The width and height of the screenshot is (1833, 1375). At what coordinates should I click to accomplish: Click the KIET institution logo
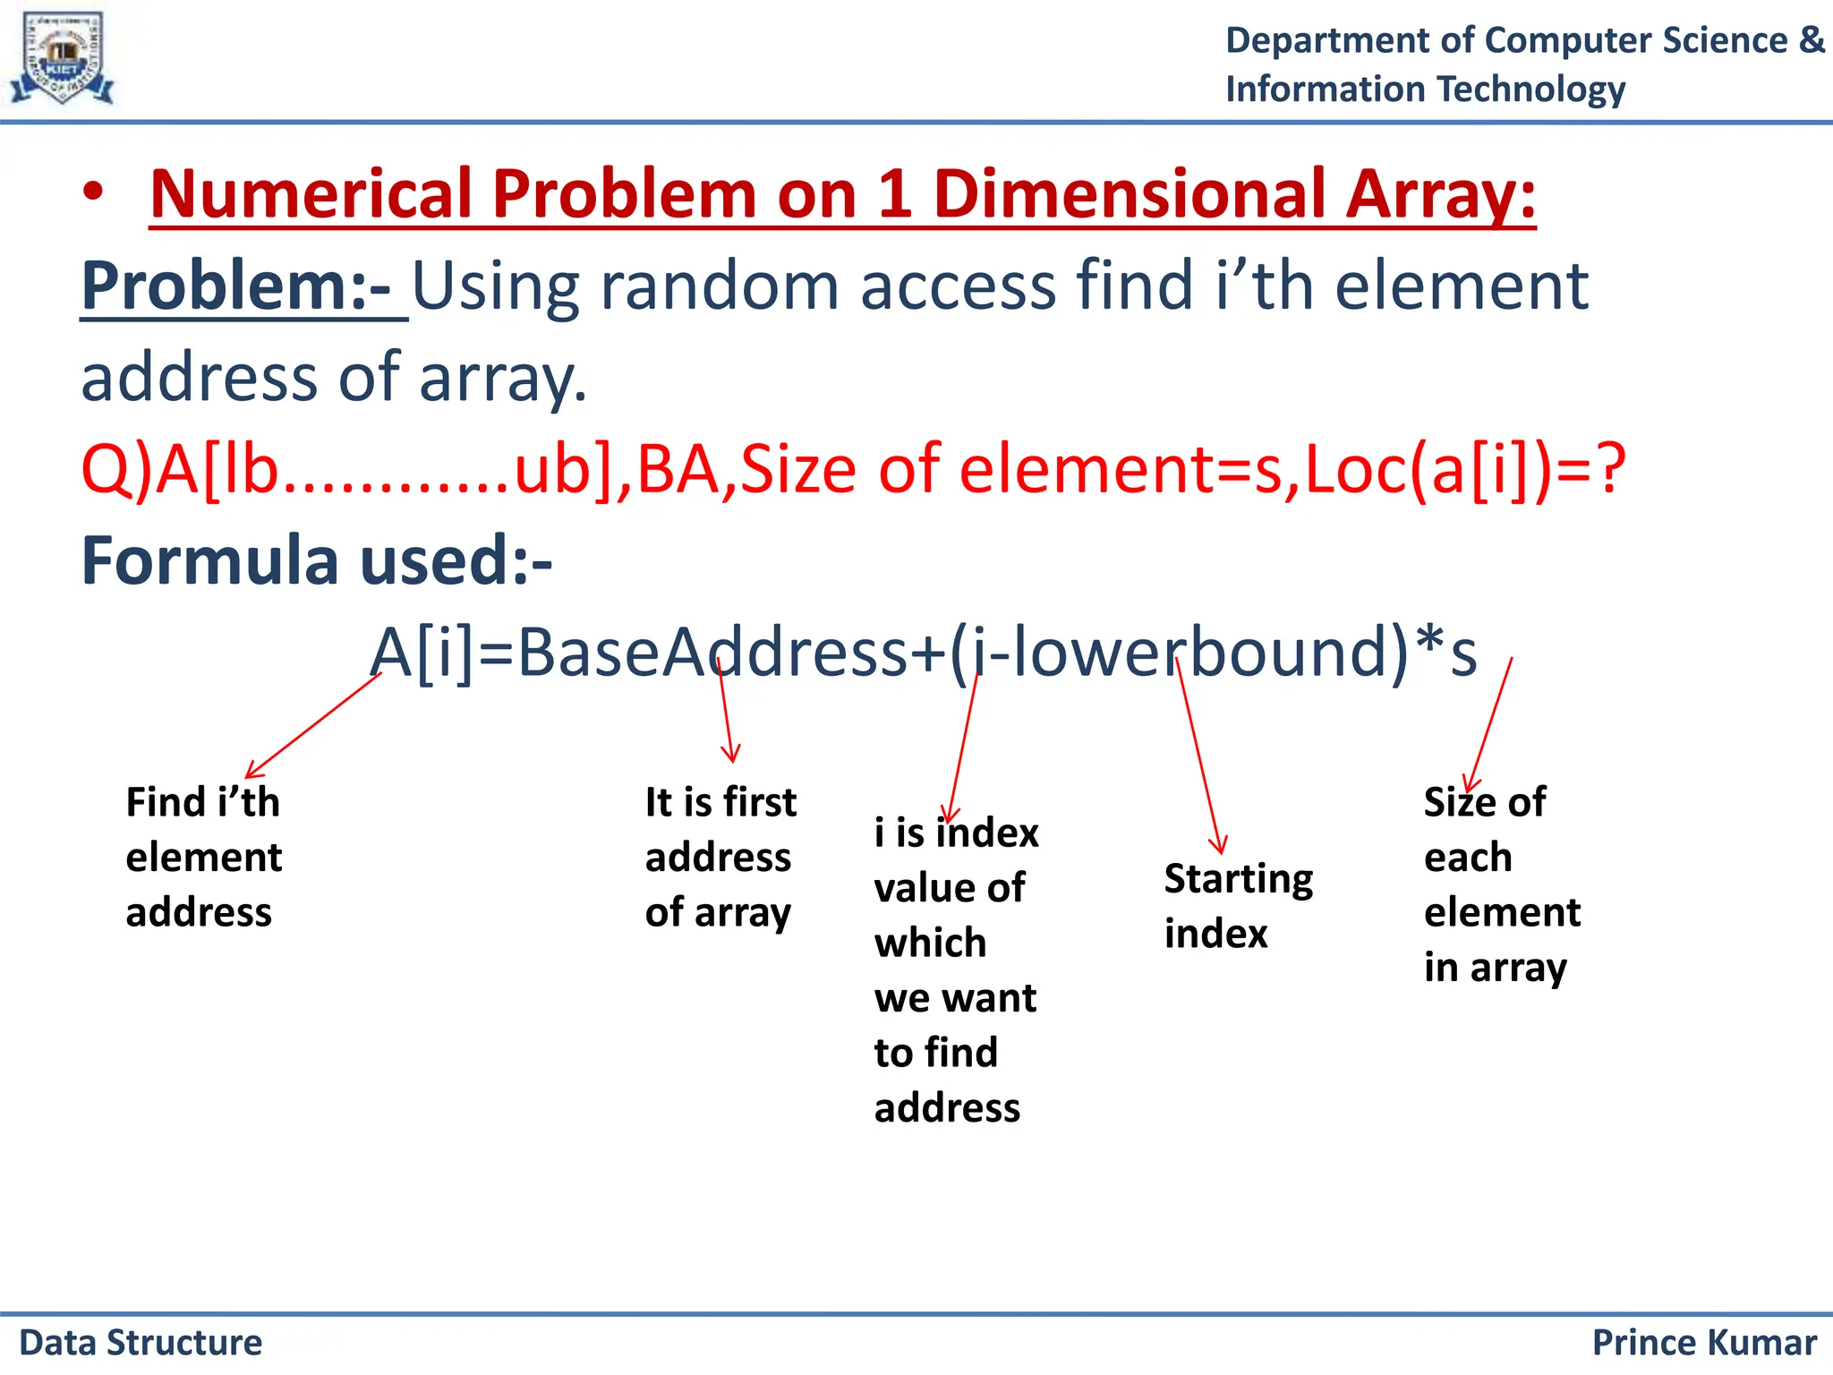(x=62, y=58)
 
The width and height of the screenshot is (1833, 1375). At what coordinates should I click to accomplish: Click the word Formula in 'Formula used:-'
(x=209, y=561)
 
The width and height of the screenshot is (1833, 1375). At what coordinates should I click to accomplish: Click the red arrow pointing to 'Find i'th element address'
(x=313, y=725)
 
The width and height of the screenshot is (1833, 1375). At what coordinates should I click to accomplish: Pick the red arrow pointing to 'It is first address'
(x=726, y=712)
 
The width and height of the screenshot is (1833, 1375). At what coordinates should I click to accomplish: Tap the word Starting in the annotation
(x=1238, y=880)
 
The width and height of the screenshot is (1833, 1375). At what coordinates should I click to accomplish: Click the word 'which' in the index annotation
(x=930, y=944)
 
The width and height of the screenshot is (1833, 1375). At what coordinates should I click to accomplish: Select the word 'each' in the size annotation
(x=1468, y=858)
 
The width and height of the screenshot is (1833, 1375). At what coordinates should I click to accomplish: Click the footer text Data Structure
(x=141, y=1343)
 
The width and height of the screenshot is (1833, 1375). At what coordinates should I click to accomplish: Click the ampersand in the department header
(x=1810, y=40)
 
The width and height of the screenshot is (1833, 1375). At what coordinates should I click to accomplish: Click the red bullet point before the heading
(x=94, y=193)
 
